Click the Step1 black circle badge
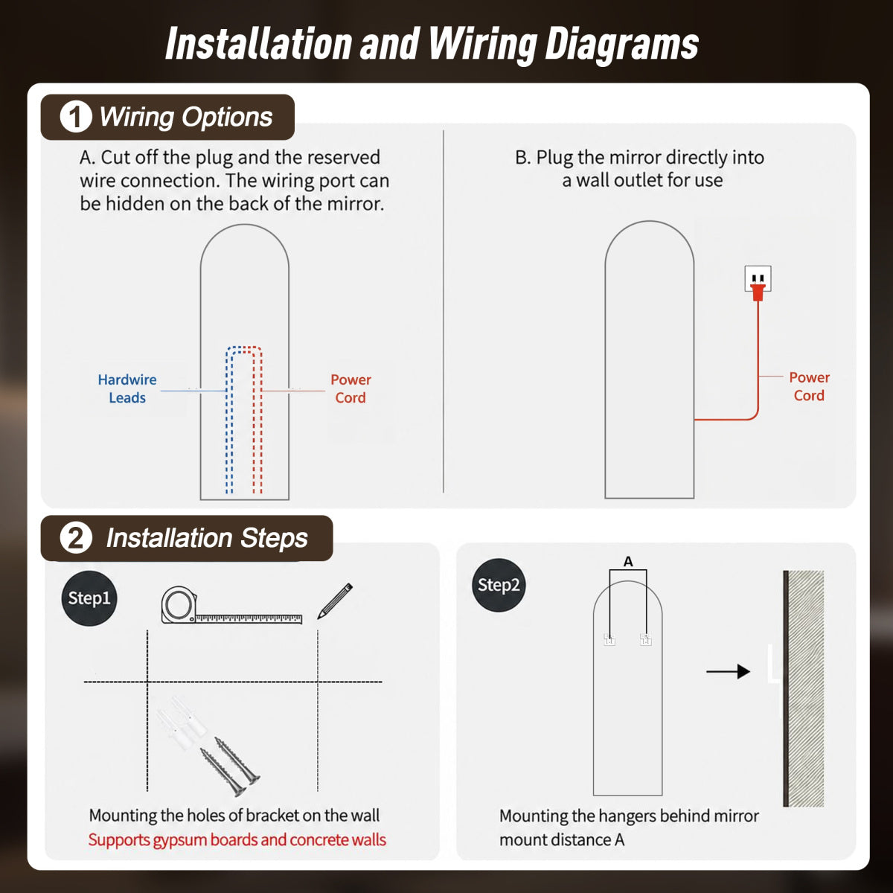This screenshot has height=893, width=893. coord(89,598)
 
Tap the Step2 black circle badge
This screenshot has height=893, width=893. coord(499,585)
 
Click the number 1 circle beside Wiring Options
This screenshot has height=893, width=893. coord(76,117)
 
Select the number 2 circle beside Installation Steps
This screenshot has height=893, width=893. coord(76,538)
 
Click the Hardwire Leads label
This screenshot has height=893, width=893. coord(127,388)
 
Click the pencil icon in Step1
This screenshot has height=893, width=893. coord(335,601)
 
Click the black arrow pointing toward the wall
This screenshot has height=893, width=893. coord(728,671)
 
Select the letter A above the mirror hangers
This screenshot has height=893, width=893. coord(628,562)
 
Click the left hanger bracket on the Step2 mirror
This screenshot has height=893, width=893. coord(609,639)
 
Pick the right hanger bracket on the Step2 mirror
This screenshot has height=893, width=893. coord(645,639)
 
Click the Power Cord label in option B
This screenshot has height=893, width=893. coord(809,386)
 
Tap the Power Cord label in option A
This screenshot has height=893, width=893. coord(351,388)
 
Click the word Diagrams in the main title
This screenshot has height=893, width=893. coord(621,45)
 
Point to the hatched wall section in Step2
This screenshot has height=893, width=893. coord(806,688)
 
